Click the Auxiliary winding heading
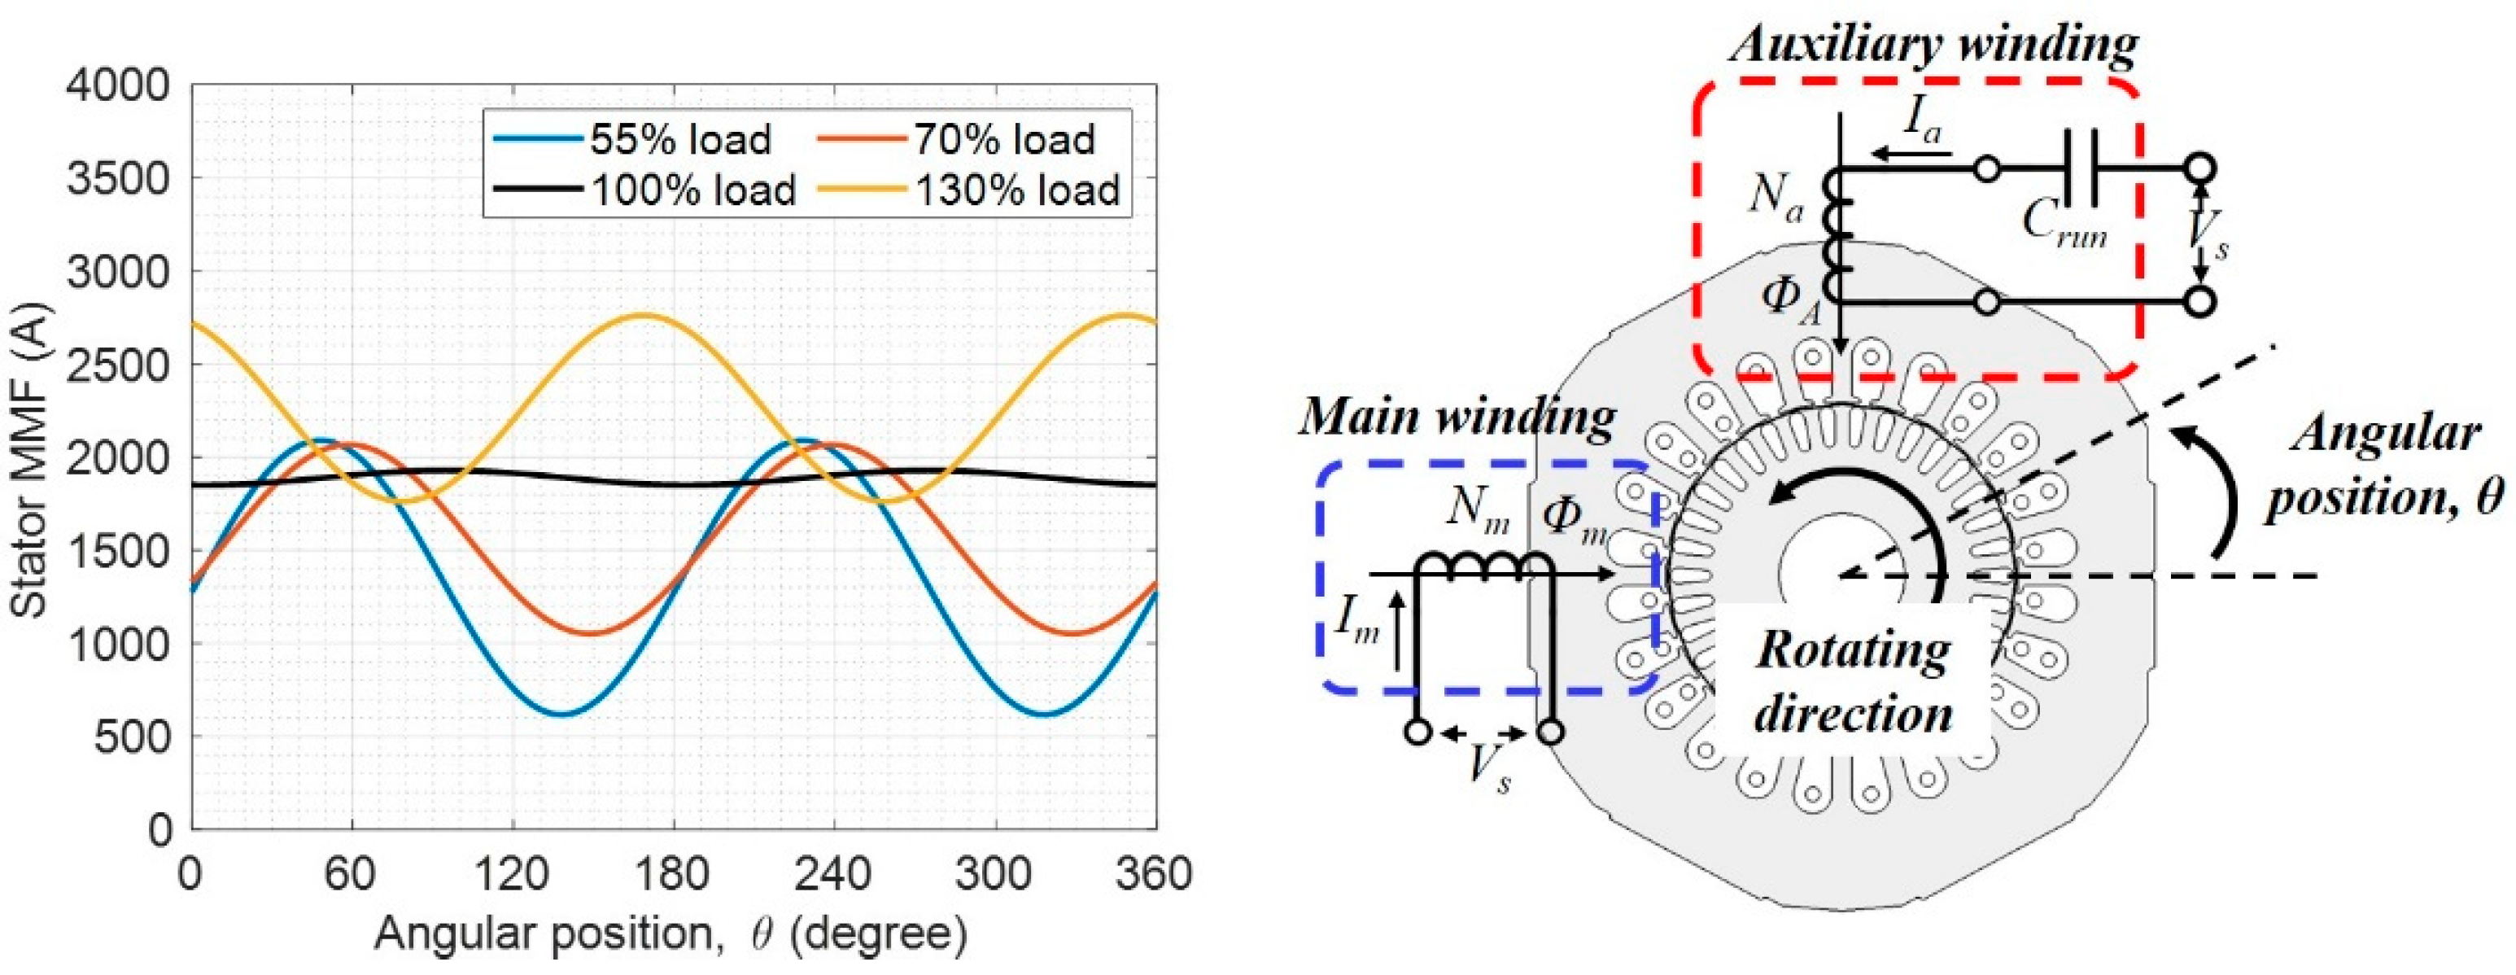pyautogui.click(x=1933, y=44)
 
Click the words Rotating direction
pyautogui.click(x=1852, y=682)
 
